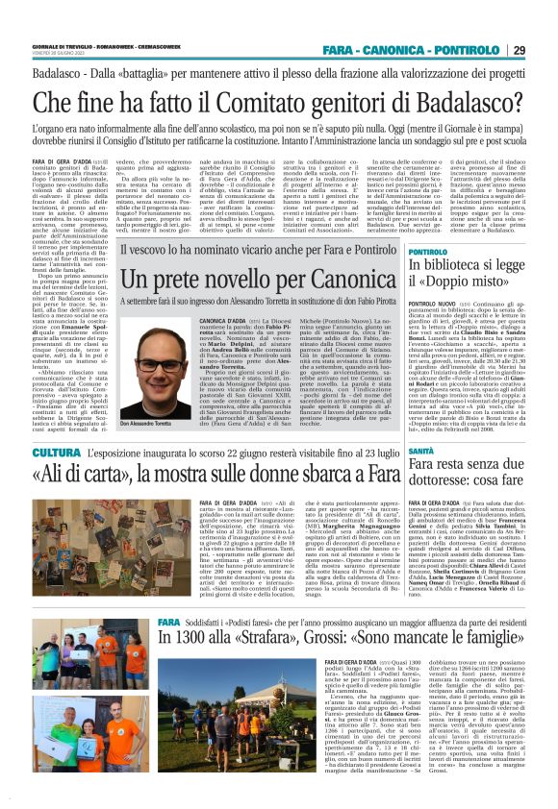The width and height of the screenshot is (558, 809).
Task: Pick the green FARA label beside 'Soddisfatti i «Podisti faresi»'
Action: (169, 647)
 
